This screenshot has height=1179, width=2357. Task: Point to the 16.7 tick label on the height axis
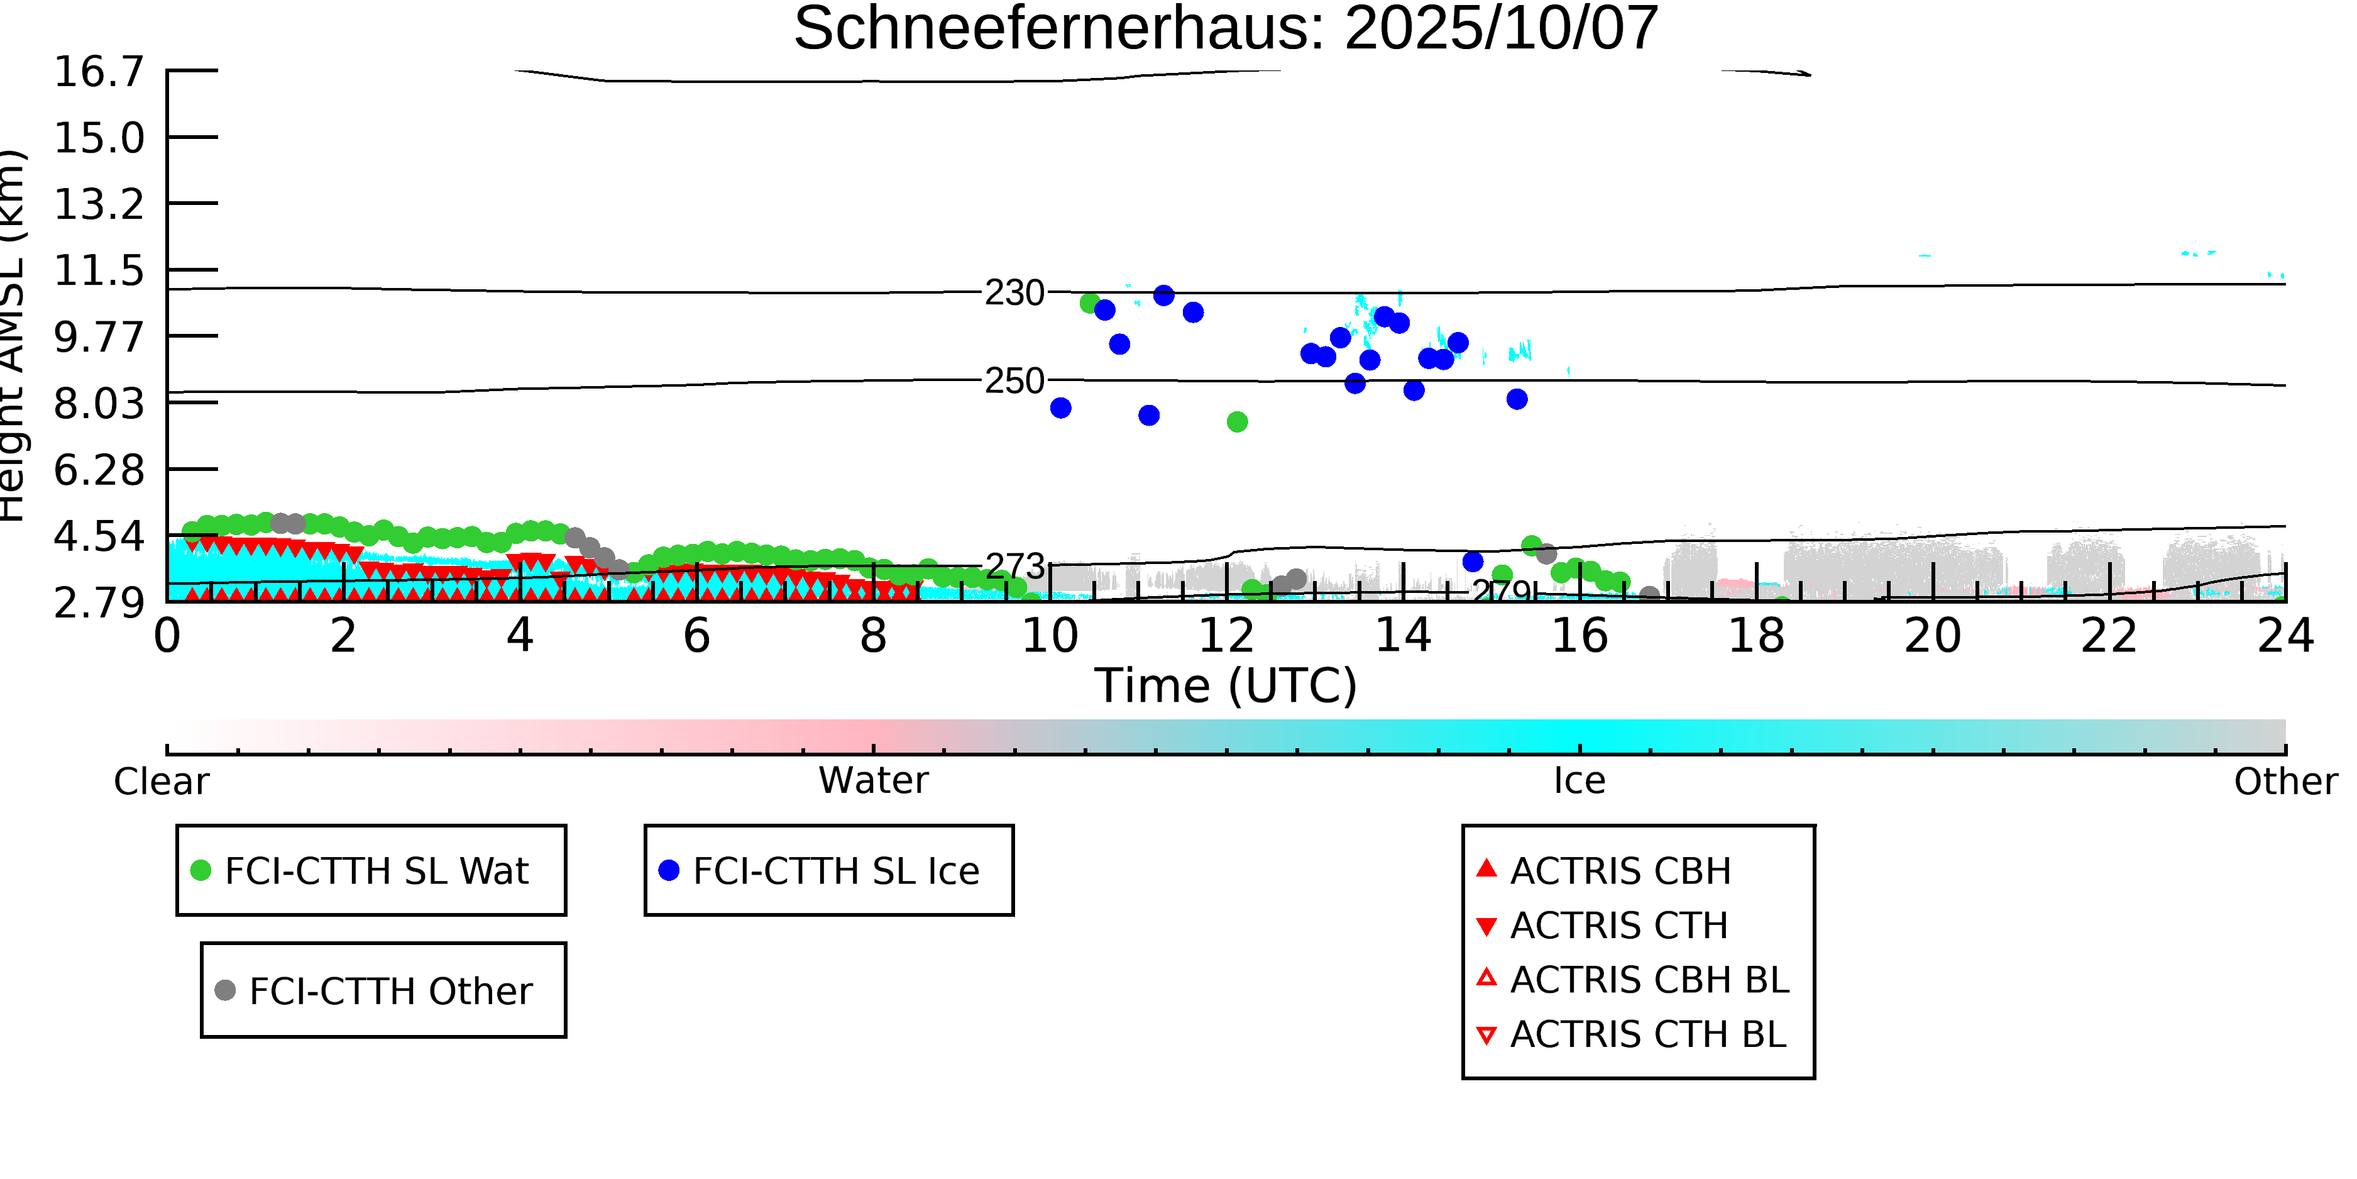pyautogui.click(x=99, y=72)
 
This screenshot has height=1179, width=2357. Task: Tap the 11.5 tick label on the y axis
pyautogui.click(x=99, y=271)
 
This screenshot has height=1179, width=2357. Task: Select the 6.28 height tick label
pyautogui.click(x=99, y=470)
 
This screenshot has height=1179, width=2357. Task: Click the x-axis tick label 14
pyautogui.click(x=1403, y=636)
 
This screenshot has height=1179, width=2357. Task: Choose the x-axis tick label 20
pyautogui.click(x=1933, y=636)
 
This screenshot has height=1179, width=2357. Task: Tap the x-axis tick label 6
pyautogui.click(x=696, y=636)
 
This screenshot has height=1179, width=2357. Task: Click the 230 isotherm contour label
pyautogui.click(x=1014, y=293)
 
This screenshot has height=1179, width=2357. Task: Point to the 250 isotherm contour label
pyautogui.click(x=1014, y=381)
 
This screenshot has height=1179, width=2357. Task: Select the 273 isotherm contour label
pyautogui.click(x=1014, y=567)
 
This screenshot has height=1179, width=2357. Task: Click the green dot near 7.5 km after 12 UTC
pyautogui.click(x=1237, y=422)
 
